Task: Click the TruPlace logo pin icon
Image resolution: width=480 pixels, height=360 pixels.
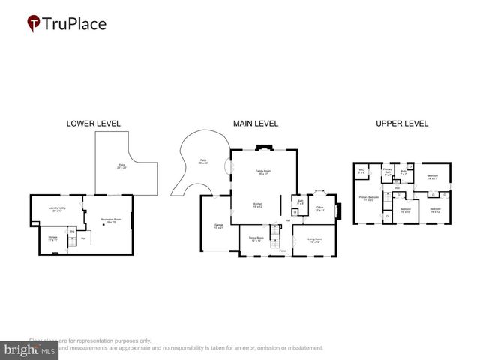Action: point(33,24)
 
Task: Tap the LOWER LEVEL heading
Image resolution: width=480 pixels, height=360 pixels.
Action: point(93,124)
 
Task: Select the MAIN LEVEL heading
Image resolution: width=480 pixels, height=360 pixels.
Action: point(256,124)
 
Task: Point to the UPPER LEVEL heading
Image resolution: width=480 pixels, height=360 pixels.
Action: point(401,124)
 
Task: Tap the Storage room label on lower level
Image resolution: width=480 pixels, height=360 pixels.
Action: point(52,238)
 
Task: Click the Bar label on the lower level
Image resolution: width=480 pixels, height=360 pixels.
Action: point(83,238)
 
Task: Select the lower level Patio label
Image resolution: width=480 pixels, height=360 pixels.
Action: point(121,166)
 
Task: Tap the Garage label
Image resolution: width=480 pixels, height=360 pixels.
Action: point(219,226)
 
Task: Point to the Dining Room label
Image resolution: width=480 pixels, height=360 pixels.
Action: point(255,240)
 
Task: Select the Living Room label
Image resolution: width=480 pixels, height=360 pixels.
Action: point(313,240)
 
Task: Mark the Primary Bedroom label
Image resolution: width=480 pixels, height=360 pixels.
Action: point(368,199)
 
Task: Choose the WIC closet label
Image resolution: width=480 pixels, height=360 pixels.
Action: point(361,172)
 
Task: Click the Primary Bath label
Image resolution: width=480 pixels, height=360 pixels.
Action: point(388,172)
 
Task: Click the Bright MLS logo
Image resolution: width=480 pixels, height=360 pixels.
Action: point(29,349)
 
